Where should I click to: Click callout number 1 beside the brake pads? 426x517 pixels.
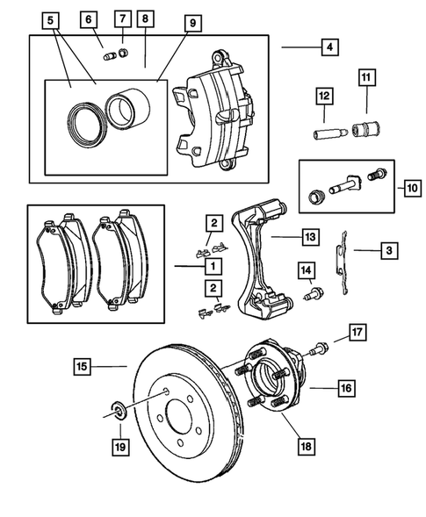[210, 263]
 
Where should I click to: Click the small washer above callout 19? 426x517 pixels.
[116, 410]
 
